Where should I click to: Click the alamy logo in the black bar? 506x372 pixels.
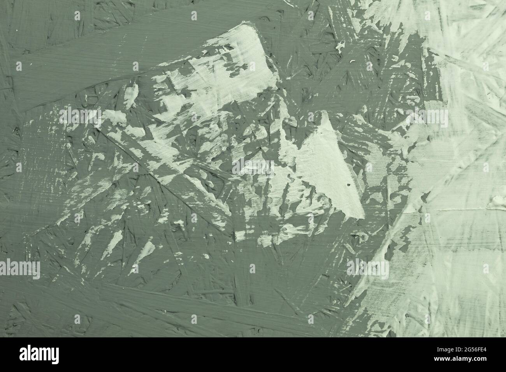39,354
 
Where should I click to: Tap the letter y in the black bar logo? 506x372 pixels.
55,356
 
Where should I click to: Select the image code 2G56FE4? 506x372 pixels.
476,350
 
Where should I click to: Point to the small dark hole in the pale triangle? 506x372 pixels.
348,185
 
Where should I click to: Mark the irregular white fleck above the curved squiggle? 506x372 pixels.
340,46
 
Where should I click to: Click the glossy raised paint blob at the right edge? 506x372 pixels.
498,201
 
